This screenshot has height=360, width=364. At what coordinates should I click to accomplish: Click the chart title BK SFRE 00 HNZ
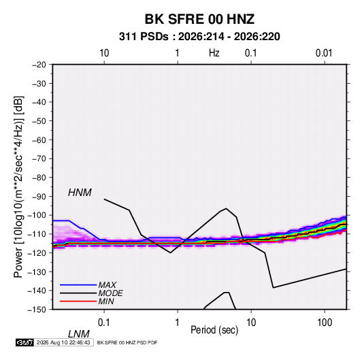[199, 19]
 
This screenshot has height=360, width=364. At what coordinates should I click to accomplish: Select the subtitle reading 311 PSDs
[144, 37]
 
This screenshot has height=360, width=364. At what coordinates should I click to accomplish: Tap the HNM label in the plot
[80, 193]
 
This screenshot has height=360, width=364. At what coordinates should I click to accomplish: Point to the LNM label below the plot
[79, 334]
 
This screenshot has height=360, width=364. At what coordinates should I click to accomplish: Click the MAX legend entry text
[107, 284]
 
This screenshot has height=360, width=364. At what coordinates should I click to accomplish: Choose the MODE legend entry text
[110, 293]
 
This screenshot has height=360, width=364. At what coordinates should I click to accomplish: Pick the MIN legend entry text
[106, 301]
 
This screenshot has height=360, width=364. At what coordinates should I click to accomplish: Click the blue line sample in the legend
[78, 285]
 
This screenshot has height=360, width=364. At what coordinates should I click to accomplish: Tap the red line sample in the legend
[78, 301]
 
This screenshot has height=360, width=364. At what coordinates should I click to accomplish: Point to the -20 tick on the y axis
[39, 65]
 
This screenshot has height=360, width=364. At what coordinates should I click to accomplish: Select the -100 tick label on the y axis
[37, 215]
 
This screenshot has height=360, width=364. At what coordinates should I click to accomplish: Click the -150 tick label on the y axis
[37, 310]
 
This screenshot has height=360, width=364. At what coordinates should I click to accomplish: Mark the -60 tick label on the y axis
[39, 140]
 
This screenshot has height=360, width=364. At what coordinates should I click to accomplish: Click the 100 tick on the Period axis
[325, 323]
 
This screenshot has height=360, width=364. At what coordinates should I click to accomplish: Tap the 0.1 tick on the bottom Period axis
[104, 323]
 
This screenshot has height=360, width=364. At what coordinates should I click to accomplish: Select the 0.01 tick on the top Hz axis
[324, 53]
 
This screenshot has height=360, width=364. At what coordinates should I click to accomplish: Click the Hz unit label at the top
[214, 53]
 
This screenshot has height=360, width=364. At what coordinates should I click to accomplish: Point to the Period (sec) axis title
[214, 330]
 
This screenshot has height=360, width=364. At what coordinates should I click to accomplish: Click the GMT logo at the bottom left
[24, 342]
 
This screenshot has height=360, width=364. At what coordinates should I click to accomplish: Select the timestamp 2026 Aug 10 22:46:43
[63, 342]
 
